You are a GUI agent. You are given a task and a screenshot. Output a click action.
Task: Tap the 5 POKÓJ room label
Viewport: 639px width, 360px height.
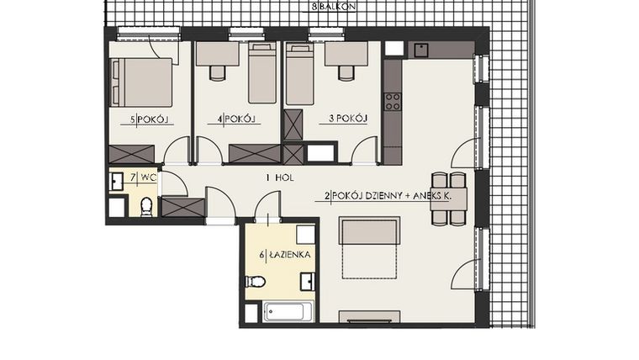(150, 120)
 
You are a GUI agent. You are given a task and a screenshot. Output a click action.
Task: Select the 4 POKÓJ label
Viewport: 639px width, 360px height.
(236, 120)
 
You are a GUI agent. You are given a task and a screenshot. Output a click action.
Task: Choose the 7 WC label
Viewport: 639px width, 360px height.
(143, 177)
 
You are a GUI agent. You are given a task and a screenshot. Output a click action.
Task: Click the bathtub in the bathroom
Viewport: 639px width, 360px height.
(288, 312)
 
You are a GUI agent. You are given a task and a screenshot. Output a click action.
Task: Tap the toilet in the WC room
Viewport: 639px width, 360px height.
(146, 205)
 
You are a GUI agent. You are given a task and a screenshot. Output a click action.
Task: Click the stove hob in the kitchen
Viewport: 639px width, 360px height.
(392, 102)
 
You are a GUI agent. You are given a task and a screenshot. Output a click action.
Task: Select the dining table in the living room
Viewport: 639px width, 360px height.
(448, 199)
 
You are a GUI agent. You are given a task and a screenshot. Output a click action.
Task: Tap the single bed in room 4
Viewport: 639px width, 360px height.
(262, 74)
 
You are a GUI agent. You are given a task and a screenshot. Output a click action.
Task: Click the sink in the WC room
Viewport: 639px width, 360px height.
(117, 180)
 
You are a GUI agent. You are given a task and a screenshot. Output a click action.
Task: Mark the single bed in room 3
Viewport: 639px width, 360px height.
(299, 74)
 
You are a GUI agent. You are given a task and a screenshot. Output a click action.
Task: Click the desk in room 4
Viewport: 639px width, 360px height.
(217, 55)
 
